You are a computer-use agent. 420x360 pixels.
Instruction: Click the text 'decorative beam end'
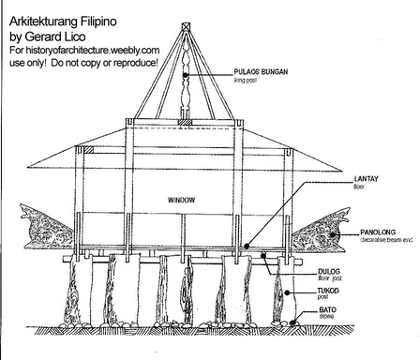point(388,239)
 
